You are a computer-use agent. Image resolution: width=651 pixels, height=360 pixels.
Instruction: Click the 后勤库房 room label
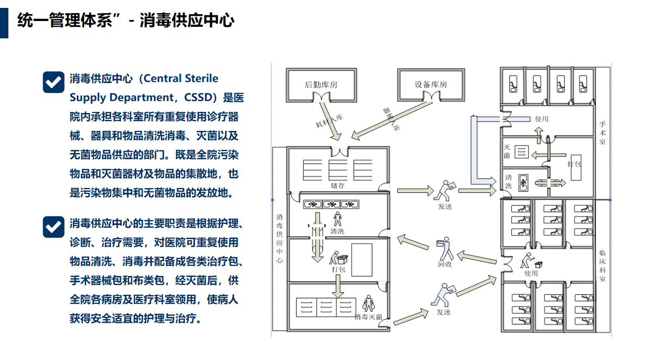click(x=321, y=85)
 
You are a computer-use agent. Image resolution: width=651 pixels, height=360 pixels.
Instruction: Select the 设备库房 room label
click(x=431, y=85)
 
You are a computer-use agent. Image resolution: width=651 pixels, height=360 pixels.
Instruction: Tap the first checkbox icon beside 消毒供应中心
click(x=53, y=82)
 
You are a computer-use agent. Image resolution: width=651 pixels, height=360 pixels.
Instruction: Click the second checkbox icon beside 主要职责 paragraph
click(x=53, y=226)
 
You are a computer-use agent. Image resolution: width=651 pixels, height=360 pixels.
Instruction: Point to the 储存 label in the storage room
click(x=338, y=185)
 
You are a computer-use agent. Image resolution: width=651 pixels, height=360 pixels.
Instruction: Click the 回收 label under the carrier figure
click(x=445, y=264)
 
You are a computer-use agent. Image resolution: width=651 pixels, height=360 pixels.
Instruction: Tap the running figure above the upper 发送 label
click(x=444, y=191)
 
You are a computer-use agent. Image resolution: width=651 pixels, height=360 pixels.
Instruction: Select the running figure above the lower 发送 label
click(x=443, y=296)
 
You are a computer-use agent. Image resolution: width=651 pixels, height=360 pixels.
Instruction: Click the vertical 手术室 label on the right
click(x=603, y=133)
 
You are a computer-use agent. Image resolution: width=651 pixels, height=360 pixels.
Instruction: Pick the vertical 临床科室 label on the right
click(x=603, y=265)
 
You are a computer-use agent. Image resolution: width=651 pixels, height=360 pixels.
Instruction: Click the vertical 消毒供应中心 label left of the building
click(x=280, y=239)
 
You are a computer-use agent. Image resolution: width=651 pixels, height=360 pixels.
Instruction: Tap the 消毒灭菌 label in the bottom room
click(x=368, y=317)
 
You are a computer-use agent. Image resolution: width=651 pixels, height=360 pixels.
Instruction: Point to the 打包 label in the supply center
click(x=338, y=269)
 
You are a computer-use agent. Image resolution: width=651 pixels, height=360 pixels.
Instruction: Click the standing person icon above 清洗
click(x=337, y=218)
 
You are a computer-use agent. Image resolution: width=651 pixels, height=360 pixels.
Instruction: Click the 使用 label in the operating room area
click(x=541, y=119)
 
